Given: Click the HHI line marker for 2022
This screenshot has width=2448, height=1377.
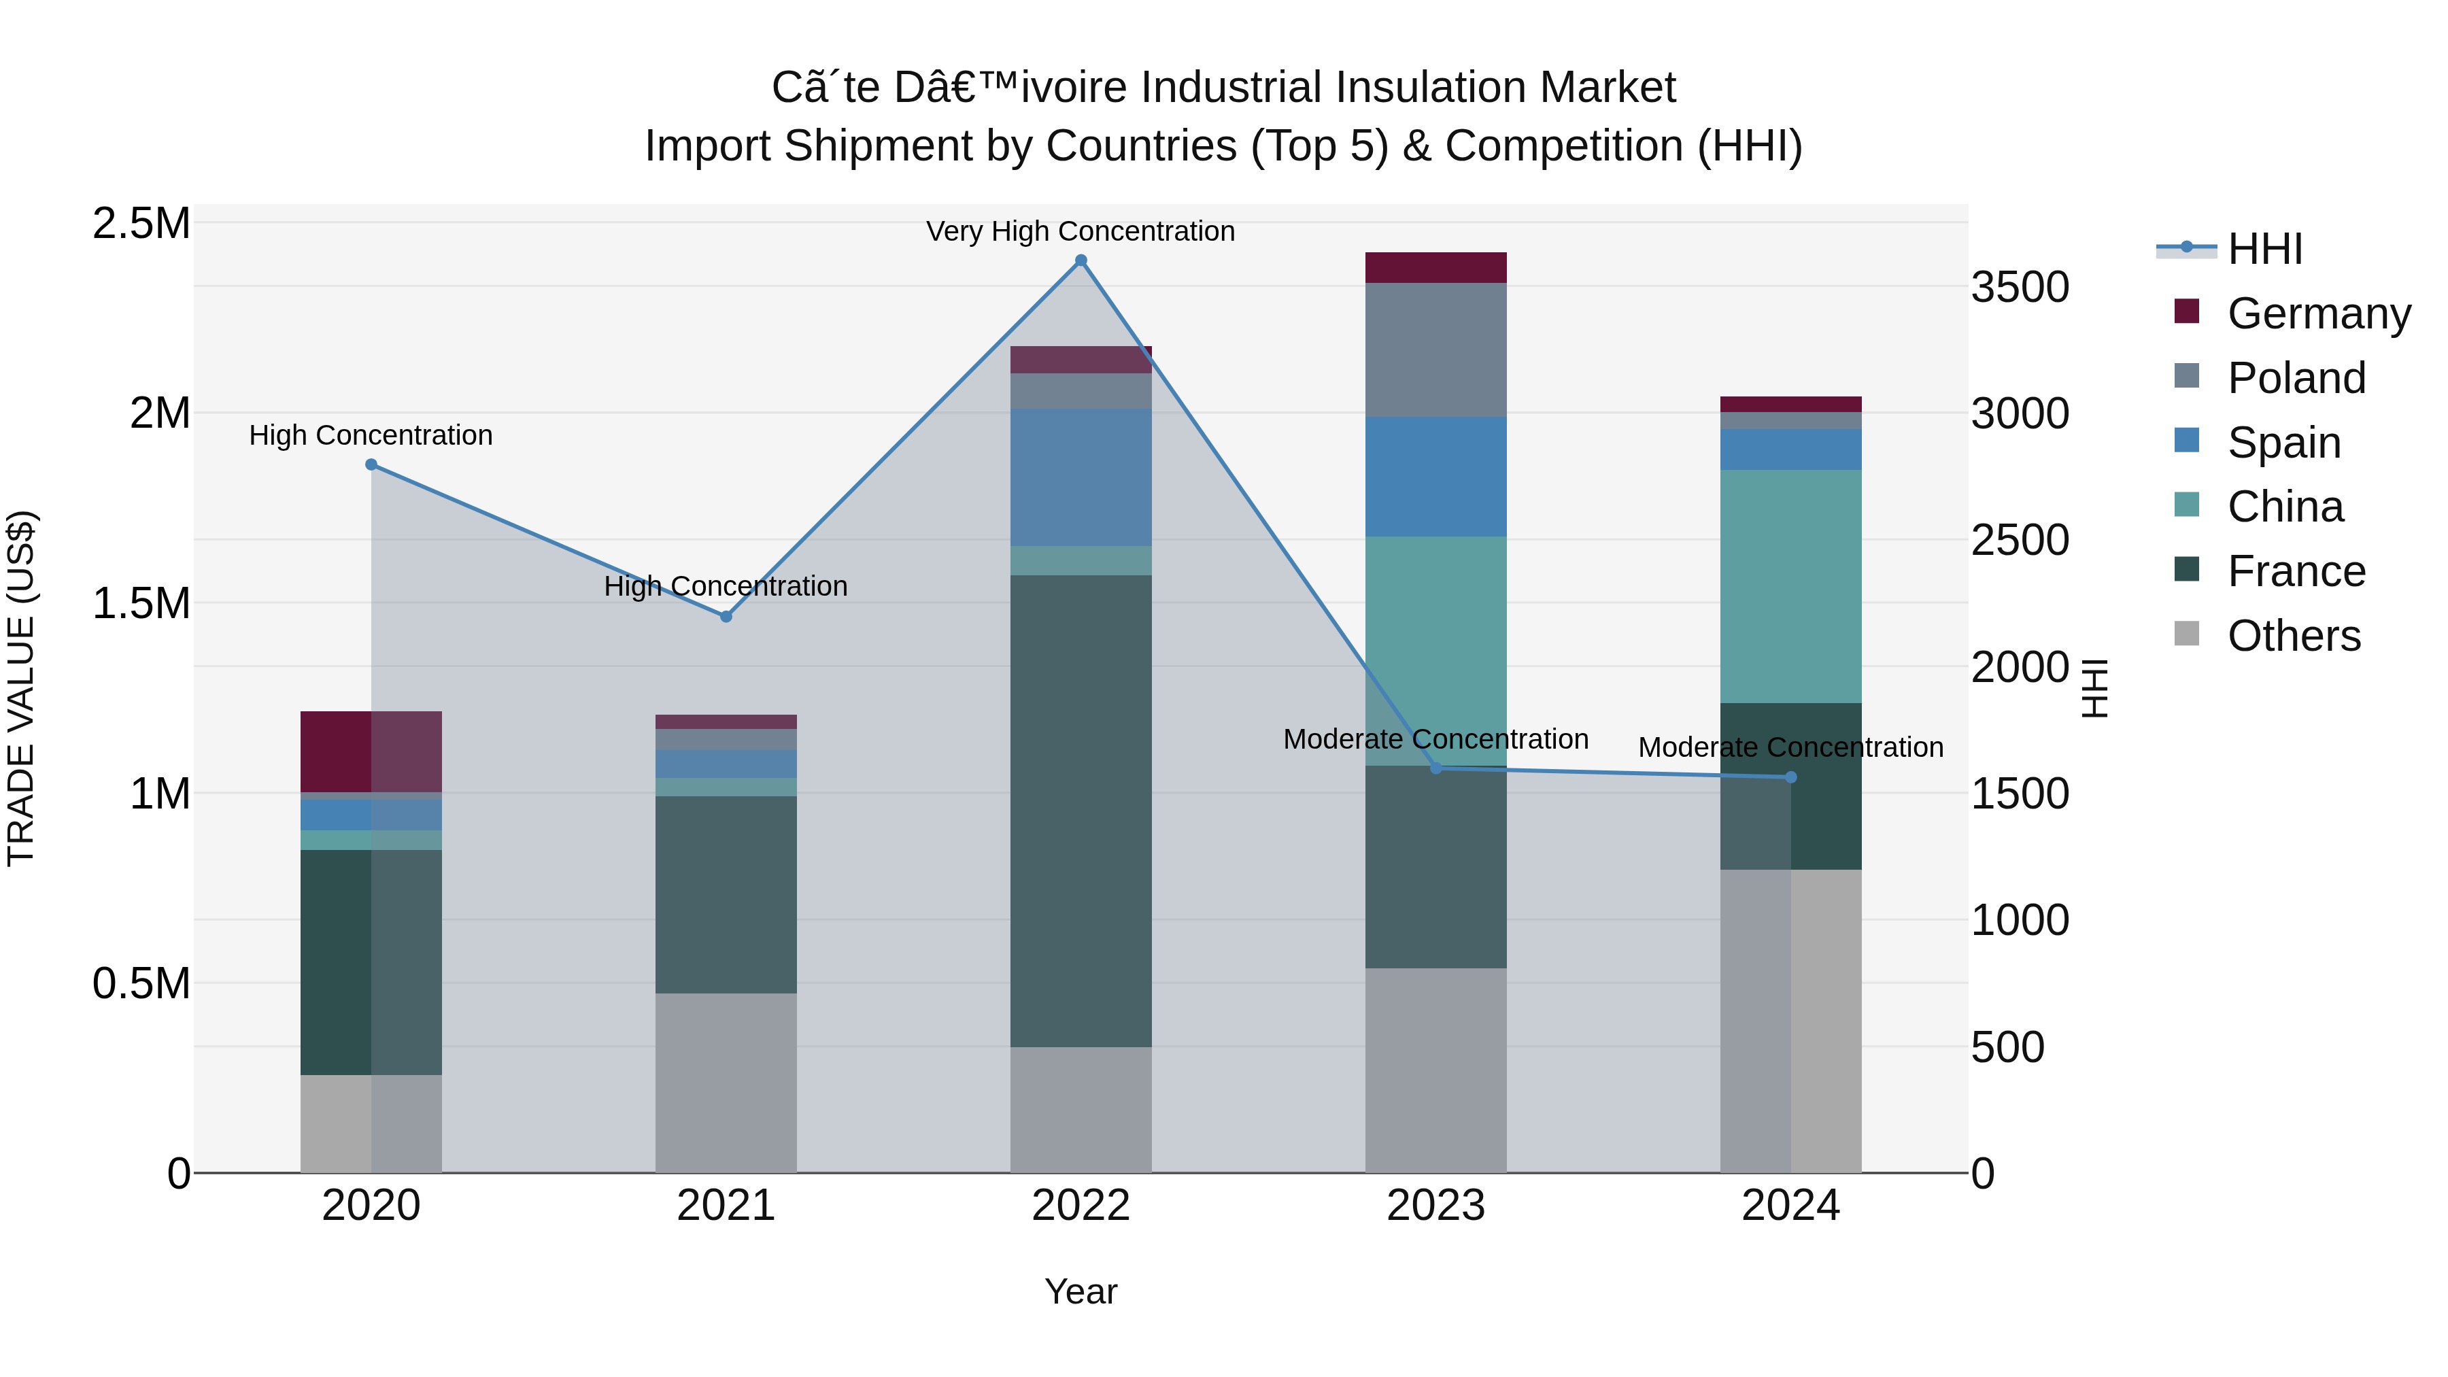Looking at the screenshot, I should pos(1081,260).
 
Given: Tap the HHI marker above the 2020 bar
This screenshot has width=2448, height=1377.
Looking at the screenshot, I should pos(371,464).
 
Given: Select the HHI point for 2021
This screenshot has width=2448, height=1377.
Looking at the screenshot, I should pos(726,617).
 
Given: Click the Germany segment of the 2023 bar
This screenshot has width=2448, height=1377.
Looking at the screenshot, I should pos(1436,268).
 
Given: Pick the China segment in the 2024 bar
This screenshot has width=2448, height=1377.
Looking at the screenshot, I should pos(1790,586).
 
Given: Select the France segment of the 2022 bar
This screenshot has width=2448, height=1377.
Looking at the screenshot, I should pos(1081,811).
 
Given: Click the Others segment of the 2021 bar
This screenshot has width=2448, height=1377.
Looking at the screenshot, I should pos(726,1083).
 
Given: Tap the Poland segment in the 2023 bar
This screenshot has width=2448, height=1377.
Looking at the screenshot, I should pos(1436,350).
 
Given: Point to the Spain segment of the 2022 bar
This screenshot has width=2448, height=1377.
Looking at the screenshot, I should pos(1081,477).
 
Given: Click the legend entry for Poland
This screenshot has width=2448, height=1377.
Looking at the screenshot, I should pos(2295,377).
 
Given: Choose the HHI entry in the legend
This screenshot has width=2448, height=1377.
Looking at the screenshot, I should pos(2264,249).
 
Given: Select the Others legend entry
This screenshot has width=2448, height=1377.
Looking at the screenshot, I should pos(2292,636).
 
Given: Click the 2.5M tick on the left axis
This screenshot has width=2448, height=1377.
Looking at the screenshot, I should pos(141,224).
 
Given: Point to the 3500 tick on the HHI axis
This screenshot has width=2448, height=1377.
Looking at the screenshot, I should pos(2020,287).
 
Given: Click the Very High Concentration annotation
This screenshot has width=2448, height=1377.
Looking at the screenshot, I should pos(1081,231).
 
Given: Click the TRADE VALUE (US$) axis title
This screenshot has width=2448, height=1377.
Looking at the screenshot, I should pos(21,688).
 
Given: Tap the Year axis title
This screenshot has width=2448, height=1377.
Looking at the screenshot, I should pos(1081,1291).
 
